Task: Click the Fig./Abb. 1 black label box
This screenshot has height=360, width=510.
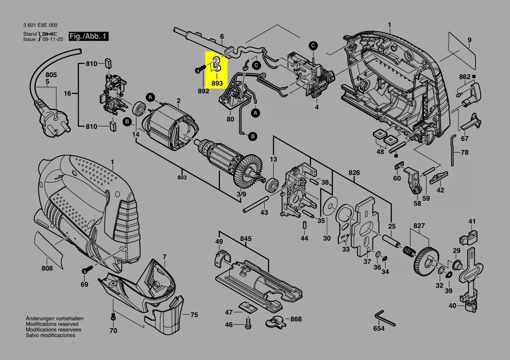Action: [x=88, y=36]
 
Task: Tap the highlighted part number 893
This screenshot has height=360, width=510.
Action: [x=217, y=83]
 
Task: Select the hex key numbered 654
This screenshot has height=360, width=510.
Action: [x=384, y=319]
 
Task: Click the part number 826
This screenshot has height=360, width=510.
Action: [x=354, y=172]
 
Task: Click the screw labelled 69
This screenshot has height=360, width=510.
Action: [x=87, y=269]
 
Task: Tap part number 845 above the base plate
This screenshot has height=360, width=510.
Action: [x=245, y=239]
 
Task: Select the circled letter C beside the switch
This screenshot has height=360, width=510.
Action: [x=313, y=45]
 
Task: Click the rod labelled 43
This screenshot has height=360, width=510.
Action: [x=256, y=204]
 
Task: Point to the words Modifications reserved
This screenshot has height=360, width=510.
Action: [x=52, y=324]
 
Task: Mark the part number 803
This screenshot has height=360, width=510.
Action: [x=182, y=177]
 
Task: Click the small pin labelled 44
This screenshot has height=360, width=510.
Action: [x=304, y=225]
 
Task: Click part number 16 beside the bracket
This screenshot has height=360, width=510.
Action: [x=67, y=93]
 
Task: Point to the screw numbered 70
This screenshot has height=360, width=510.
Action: [x=113, y=316]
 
